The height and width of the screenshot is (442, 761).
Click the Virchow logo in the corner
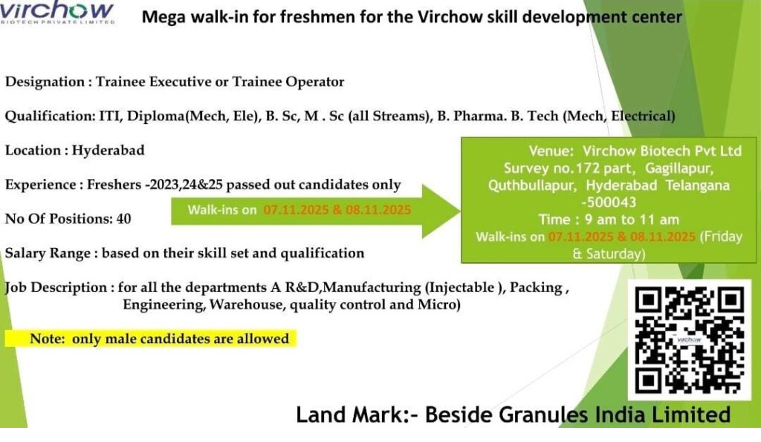57,12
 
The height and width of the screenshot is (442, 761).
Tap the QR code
689,339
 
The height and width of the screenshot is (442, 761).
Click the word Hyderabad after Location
109,150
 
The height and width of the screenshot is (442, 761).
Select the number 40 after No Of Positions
124,219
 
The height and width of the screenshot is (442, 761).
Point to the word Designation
45,82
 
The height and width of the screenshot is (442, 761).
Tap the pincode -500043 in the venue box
609,202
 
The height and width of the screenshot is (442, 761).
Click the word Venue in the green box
551,151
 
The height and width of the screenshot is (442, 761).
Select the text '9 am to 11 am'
632,220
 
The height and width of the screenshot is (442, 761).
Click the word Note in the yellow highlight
47,339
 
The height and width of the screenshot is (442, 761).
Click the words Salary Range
48,254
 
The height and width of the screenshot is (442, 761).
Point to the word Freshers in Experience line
114,185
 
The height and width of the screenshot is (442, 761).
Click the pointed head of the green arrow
459,211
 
